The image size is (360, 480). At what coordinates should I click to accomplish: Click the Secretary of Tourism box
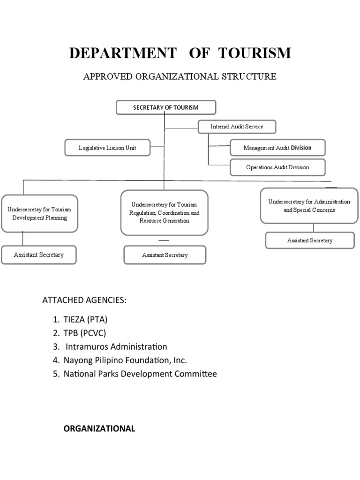(x=166, y=107)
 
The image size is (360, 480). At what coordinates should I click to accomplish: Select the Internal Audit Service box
(x=237, y=127)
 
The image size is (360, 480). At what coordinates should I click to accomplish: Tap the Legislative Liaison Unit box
(x=107, y=148)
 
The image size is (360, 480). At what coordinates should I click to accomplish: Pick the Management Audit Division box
(x=277, y=148)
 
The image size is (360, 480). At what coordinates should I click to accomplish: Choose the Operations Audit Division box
(x=277, y=167)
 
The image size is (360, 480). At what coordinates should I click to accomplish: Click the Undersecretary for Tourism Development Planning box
(x=39, y=214)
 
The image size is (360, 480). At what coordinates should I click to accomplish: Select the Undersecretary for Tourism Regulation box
(x=164, y=212)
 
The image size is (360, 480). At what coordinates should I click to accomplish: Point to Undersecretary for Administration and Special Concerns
(x=309, y=206)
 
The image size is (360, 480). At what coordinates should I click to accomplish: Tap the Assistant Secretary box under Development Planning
(x=39, y=255)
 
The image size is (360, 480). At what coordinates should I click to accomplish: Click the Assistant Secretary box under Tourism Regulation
(x=165, y=255)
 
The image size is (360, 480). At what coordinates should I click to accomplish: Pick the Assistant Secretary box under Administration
(x=310, y=240)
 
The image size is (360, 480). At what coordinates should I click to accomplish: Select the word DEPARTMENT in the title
(x=123, y=53)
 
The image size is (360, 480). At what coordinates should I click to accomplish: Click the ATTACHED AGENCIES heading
(x=84, y=300)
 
